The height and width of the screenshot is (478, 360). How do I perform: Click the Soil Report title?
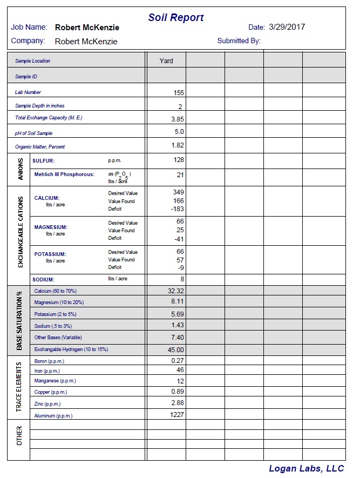[176, 18]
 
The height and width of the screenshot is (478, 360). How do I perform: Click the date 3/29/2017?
[287, 26]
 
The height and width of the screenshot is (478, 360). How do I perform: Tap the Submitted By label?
[239, 41]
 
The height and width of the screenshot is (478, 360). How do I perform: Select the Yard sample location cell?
[166, 60]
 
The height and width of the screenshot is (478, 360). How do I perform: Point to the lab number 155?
[179, 93]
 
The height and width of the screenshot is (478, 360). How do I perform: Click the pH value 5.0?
[179, 132]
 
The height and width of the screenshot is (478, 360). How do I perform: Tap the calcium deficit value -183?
[178, 209]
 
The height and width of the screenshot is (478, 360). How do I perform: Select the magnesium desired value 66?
[180, 221]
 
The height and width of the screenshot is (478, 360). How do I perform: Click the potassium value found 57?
[180, 259]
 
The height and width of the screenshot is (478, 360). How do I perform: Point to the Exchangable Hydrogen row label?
[71, 349]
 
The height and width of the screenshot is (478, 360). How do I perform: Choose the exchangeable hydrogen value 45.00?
[175, 349]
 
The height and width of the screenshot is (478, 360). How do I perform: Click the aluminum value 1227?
[176, 415]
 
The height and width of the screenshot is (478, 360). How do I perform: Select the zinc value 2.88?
[178, 403]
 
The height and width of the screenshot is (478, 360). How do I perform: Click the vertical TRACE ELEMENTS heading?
[19, 387]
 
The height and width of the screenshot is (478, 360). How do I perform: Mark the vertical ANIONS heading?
[20, 169]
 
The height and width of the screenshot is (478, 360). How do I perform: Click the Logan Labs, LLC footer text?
[306, 468]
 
